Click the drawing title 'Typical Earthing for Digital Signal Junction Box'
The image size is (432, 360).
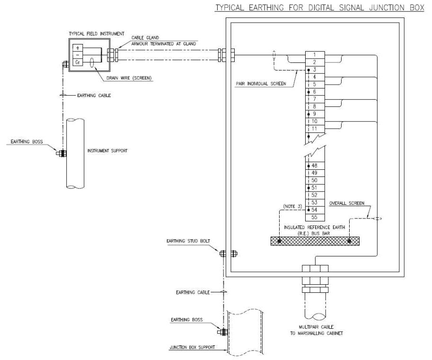(x=319, y=8)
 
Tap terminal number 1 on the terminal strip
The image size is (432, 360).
(x=314, y=55)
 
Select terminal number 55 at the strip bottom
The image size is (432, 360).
(x=314, y=217)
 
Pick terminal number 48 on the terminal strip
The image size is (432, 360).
(x=314, y=166)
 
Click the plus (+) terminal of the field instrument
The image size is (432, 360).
(x=77, y=48)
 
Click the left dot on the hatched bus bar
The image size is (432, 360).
(x=280, y=241)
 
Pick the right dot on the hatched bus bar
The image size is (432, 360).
(x=349, y=241)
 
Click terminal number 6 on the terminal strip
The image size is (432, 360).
(x=314, y=91)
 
